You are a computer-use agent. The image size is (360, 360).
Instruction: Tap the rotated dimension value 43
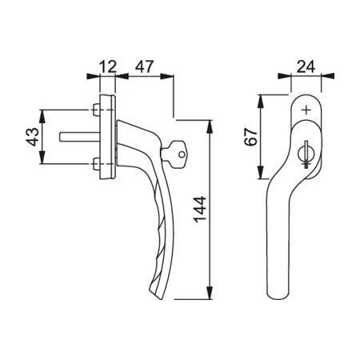tap(33, 137)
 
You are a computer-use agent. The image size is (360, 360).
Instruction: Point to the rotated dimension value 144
tap(200, 210)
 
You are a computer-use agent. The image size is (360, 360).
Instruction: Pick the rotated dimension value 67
tap(251, 137)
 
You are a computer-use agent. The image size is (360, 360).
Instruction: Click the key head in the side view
tap(175, 154)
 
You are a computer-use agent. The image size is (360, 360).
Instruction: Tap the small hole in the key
tap(182, 154)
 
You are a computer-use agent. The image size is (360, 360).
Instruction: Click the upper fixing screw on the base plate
tap(97, 110)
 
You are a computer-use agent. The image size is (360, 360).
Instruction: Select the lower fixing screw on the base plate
tap(97, 164)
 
